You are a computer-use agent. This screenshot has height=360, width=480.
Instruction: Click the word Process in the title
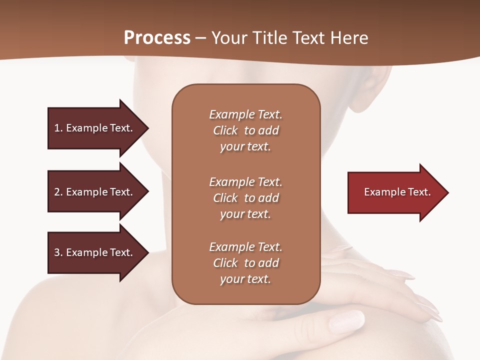(157, 38)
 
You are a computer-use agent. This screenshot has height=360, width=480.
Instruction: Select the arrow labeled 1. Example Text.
(97, 128)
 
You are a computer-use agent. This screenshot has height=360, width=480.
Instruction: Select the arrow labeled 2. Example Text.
(97, 192)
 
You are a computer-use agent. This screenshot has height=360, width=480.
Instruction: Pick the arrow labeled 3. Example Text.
(97, 252)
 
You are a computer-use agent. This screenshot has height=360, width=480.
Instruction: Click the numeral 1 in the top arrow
(57, 128)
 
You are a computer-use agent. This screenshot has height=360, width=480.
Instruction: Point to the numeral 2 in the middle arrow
(57, 192)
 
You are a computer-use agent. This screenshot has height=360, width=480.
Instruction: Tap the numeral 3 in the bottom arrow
(57, 252)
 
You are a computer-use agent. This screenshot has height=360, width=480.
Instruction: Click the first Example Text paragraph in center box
(245, 130)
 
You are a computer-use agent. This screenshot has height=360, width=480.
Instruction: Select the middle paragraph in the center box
(245, 198)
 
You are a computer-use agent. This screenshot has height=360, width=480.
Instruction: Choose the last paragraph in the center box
(245, 263)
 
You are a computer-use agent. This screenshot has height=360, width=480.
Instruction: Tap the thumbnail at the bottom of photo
(346, 319)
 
